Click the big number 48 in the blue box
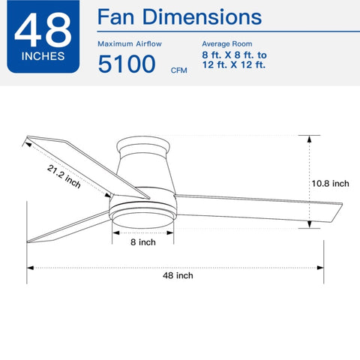pyautogui.click(x=43, y=30)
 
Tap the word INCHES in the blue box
pyautogui.click(x=43, y=56)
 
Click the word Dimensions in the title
pyautogui.click(x=202, y=17)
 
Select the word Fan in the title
pyautogui.click(x=115, y=17)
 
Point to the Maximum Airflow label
pyautogui.click(x=130, y=44)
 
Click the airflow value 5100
pyautogui.click(x=127, y=64)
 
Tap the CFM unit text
pyautogui.click(x=178, y=70)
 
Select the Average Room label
pyautogui.click(x=227, y=44)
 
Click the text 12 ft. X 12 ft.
pyautogui.click(x=234, y=65)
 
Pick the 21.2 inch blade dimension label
pyautogui.click(x=64, y=176)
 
